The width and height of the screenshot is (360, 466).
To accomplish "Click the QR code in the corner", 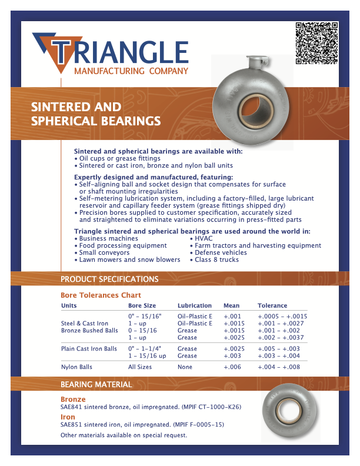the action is click(316, 42).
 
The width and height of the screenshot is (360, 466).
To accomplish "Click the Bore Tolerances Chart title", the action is click(101, 295).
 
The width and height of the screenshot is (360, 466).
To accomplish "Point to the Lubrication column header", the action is click(195, 306).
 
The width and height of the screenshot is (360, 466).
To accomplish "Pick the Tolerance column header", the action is click(272, 306).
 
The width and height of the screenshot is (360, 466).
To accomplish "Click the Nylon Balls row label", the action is click(76, 367).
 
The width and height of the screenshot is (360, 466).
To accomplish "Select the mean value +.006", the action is click(232, 367).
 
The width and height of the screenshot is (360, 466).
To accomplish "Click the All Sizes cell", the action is click(140, 367).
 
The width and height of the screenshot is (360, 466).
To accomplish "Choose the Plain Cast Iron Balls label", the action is click(89, 348).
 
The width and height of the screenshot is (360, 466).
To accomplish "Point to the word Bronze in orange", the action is click(73, 400).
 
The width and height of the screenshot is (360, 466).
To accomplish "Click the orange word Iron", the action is click(68, 417).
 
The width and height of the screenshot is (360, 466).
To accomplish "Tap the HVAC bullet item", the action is click(204, 238).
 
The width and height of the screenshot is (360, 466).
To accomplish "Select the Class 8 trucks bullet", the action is click(216, 259).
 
